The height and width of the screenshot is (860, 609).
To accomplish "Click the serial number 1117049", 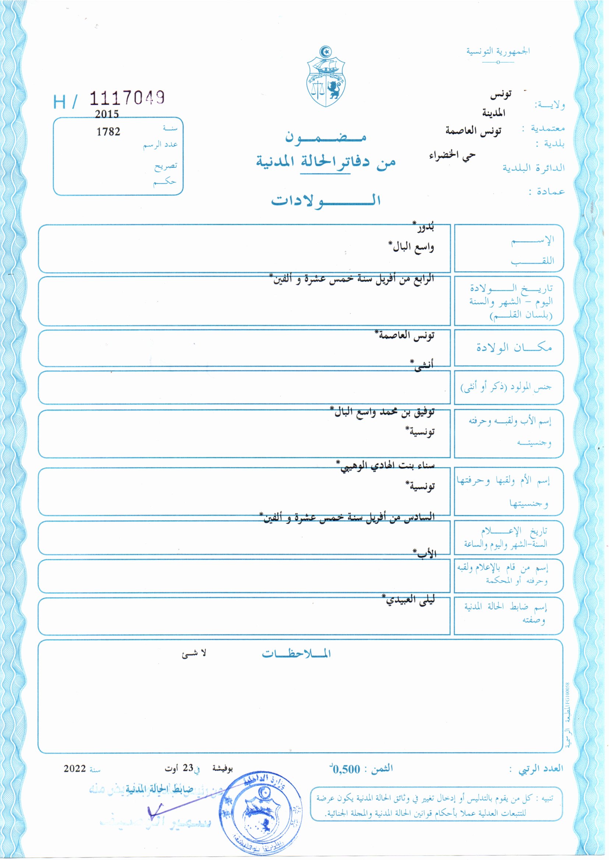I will click(x=127, y=98).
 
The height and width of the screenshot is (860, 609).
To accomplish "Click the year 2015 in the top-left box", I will click(x=107, y=114).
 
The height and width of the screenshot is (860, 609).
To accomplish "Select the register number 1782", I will click(x=108, y=131).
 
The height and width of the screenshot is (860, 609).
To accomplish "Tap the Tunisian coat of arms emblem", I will click(x=325, y=77).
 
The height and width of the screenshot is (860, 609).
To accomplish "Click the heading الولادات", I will click(x=325, y=200).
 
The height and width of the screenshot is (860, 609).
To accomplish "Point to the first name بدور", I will click(x=424, y=227).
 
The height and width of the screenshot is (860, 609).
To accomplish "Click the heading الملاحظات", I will click(x=296, y=654).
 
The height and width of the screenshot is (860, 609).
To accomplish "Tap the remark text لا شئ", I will click(x=194, y=654).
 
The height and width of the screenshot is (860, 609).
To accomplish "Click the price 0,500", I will click(x=346, y=770).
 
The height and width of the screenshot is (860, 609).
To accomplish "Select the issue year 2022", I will click(x=75, y=769).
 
